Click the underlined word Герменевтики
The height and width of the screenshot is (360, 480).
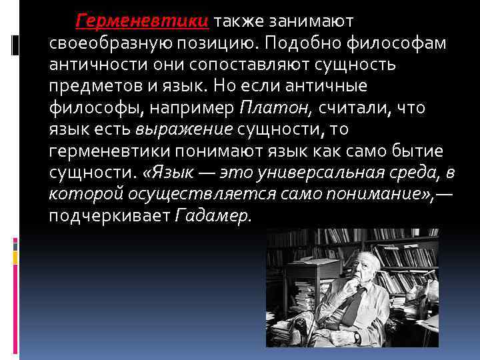143,22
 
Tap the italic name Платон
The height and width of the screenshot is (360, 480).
265,109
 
